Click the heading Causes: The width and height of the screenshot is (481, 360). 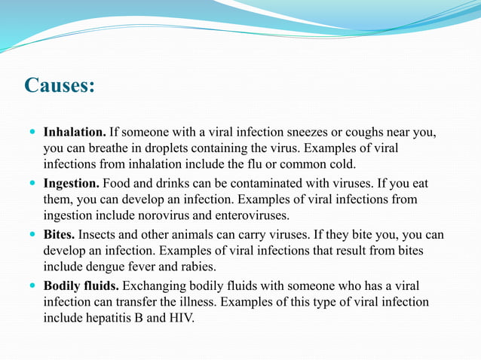click(x=60, y=85)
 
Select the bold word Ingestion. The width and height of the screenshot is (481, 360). click(x=72, y=183)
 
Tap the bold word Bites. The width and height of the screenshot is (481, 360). click(x=59, y=234)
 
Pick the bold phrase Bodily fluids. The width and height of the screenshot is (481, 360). click(x=81, y=285)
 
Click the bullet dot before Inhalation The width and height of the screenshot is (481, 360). click(x=32, y=132)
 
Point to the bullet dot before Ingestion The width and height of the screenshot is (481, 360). click(x=32, y=183)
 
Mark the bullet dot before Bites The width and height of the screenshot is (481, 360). click(x=32, y=234)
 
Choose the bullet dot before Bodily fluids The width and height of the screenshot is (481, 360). click(x=32, y=285)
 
